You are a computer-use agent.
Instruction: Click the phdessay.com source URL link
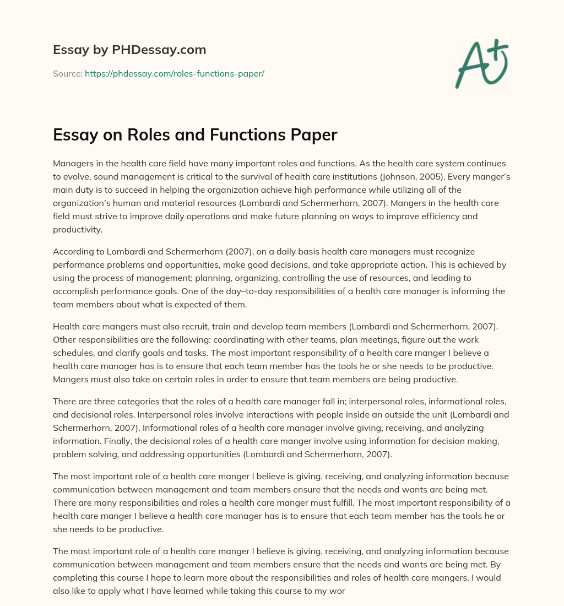coord(175,73)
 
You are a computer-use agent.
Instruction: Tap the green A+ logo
coord(481,63)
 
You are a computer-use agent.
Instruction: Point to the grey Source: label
coord(67,73)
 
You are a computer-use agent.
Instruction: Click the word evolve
coord(79,176)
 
